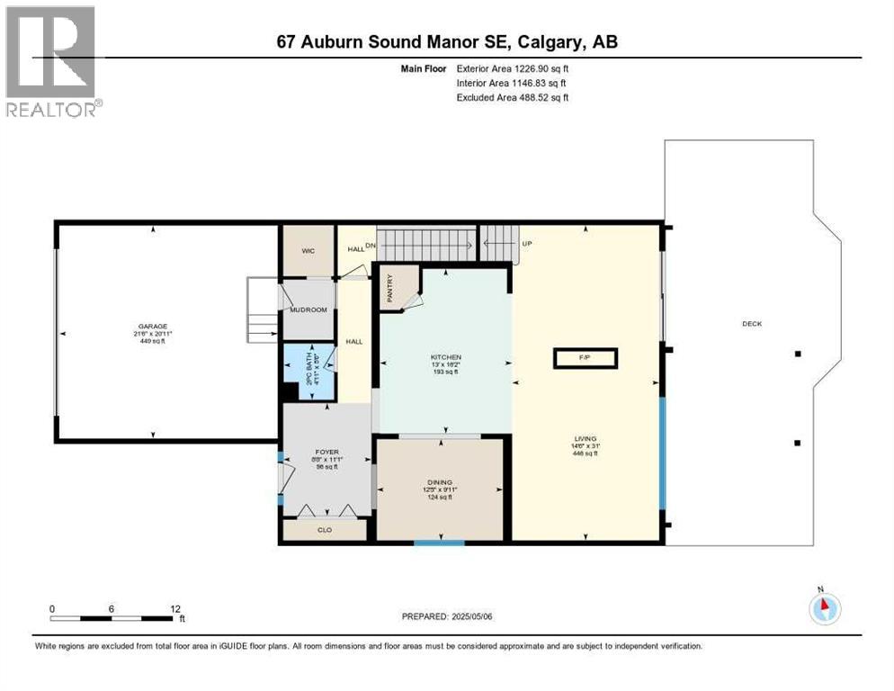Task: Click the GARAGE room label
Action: [x=153, y=327]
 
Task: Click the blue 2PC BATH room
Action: [x=308, y=371]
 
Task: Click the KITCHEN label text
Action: [x=446, y=357]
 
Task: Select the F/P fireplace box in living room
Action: [x=585, y=358]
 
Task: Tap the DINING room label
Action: [x=441, y=482]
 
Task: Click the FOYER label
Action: [x=326, y=453]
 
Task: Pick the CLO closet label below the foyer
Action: [x=325, y=530]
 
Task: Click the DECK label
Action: [x=752, y=324]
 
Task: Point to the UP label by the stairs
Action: [x=527, y=243]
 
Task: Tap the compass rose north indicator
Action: [x=825, y=607]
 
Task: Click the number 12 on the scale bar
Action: [x=175, y=608]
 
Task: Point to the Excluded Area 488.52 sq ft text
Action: [x=513, y=97]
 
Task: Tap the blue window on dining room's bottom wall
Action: [x=439, y=543]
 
